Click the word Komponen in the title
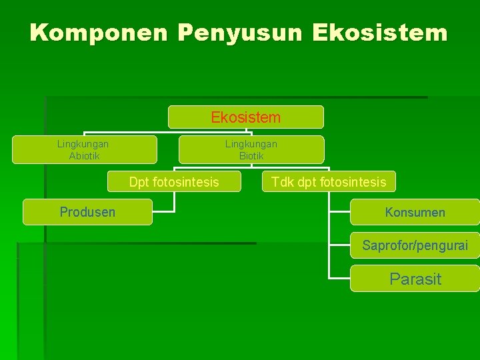pos(97,33)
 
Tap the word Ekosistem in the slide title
pos(379,33)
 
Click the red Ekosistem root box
pos(245,117)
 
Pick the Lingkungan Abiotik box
pos(84,149)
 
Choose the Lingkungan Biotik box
pos(251,149)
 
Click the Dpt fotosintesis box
pos(174,181)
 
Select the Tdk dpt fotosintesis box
pos(329,181)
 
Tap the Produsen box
pos(87,212)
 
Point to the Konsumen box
pos(415,212)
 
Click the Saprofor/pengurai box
pos(415,245)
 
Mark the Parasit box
pos(415,279)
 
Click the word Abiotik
pos(84,156)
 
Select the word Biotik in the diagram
pos(251,156)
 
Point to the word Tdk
pos(283,181)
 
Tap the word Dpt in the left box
pos(139,181)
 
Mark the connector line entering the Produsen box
pos(164,212)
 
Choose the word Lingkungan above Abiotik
pos(83,143)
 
